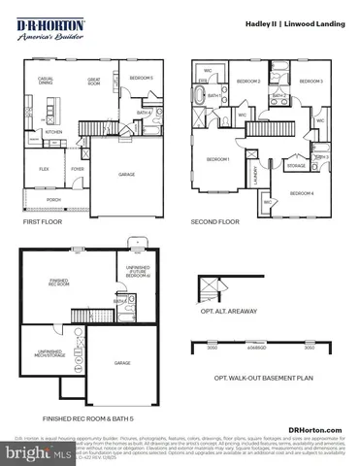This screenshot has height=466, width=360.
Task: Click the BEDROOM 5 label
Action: [x=142, y=77]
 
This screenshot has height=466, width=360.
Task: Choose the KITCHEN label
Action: [x=53, y=131]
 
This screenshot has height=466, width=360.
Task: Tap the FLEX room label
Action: [x=44, y=168]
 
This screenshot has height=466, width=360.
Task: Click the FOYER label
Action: [x=77, y=168]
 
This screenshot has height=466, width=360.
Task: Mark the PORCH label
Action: [x=54, y=201]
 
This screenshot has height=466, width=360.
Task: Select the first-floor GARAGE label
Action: [x=127, y=175]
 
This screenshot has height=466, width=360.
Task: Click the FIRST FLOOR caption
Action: [x=44, y=222]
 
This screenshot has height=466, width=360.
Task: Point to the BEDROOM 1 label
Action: [x=217, y=159]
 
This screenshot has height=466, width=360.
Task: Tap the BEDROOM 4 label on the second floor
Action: [x=303, y=193]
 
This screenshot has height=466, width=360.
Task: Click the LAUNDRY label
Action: [x=256, y=175]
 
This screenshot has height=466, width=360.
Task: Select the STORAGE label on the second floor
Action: [x=295, y=166]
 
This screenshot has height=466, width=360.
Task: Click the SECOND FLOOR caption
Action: [x=214, y=222]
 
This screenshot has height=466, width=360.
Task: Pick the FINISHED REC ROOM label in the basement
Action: [x=59, y=284]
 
